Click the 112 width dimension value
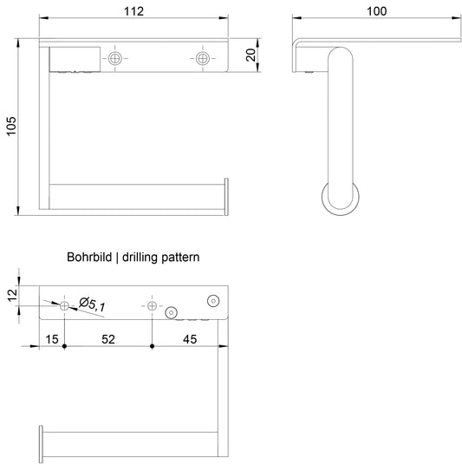pyautogui.click(x=133, y=11)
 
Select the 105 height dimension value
pyautogui.click(x=11, y=126)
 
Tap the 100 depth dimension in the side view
pyautogui.click(x=376, y=11)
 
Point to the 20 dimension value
pyautogui.click(x=251, y=55)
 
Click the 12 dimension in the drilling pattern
pyautogui.click(x=12, y=296)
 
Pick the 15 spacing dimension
pyautogui.click(x=52, y=339)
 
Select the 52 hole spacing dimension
pyautogui.click(x=108, y=339)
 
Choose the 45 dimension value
pyautogui.click(x=190, y=339)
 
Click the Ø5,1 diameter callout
pyautogui.click(x=92, y=304)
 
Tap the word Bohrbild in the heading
pyautogui.click(x=89, y=257)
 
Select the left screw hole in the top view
pyautogui.click(x=114, y=58)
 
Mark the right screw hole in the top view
pyautogui.click(x=203, y=58)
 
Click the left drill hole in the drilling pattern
pyautogui.click(x=64, y=305)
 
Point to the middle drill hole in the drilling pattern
pyautogui.click(x=152, y=305)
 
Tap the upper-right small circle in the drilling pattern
pyautogui.click(x=213, y=301)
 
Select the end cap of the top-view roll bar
pyautogui.click(x=226, y=197)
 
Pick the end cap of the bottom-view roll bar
pyautogui.click(x=41, y=444)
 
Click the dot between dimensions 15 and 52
pyautogui.click(x=64, y=346)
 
